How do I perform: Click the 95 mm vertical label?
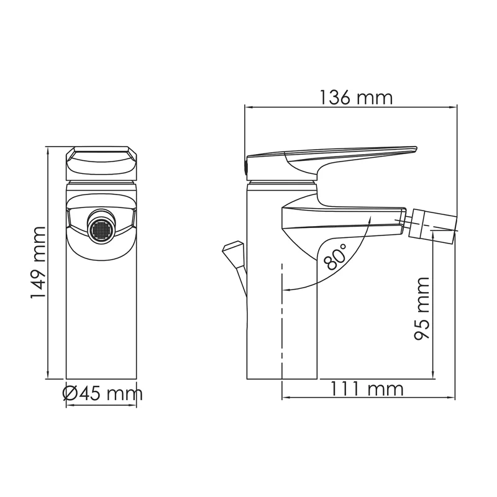pos(422,309)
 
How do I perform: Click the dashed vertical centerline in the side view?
pos(282,323)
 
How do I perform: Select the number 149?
pos(39,283)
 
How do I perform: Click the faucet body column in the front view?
pos(102,311)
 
